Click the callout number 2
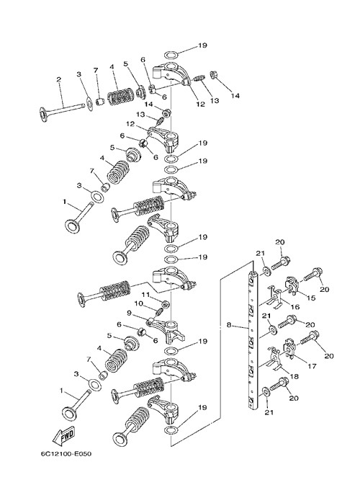pos(58,79)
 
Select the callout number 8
pos(229,325)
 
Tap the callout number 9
pos(129,314)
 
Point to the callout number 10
pos(138,304)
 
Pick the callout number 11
pos(145,295)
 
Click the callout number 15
pos(312,298)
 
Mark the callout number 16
pos(295,307)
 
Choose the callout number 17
pos(312,366)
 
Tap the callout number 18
pos(294,376)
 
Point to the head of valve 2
pos(42,113)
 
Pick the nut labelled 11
pos(166,304)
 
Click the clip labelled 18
pos(274,359)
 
